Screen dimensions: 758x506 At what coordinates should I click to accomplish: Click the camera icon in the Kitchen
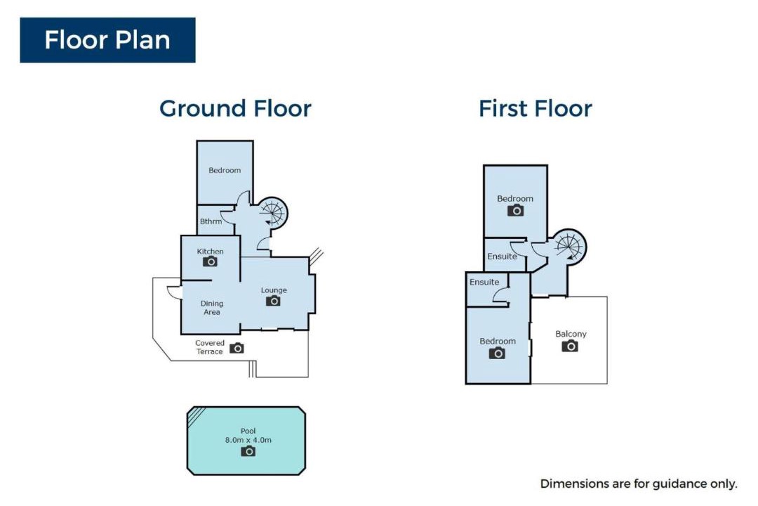(210, 261)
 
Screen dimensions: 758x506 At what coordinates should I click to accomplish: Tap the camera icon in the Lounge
(273, 301)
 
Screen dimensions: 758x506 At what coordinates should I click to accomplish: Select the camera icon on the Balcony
(570, 346)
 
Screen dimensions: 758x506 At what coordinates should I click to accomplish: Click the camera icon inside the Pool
(248, 451)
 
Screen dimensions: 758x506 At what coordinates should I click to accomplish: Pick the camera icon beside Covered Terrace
(237, 348)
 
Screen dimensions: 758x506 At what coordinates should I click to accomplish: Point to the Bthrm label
(211, 221)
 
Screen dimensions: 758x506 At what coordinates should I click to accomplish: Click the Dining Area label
(212, 308)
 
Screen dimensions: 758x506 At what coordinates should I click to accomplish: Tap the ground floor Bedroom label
(225, 170)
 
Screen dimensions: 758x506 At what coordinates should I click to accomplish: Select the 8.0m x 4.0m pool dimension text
(248, 440)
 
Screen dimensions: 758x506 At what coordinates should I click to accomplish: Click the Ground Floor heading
(235, 108)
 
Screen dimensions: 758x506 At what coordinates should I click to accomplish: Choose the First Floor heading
(535, 108)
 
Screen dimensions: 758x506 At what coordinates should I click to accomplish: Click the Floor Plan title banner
(108, 40)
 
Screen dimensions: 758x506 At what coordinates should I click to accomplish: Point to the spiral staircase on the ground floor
(272, 213)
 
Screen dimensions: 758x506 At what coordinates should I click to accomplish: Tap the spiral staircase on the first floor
(569, 246)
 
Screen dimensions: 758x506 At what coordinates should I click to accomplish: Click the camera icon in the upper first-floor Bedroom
(515, 210)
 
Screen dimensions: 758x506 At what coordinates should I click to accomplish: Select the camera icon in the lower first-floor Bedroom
(497, 353)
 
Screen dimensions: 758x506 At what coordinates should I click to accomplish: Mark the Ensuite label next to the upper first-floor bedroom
(502, 256)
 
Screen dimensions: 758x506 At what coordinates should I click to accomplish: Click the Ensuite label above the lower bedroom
(484, 282)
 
